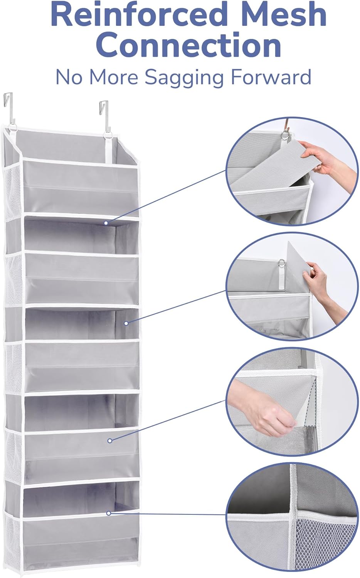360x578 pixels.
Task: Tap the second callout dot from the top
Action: pyautogui.click(x=126, y=323)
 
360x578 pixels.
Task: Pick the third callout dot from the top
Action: pyautogui.click(x=110, y=441)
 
